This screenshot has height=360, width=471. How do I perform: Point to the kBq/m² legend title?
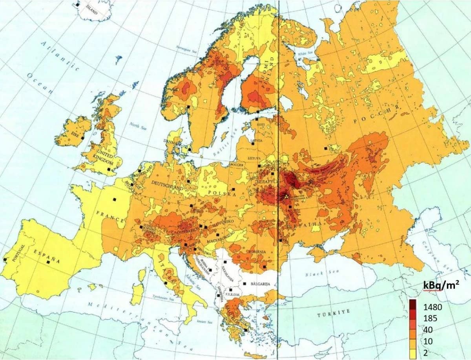(440, 286)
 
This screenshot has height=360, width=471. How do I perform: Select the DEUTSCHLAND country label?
(167, 185)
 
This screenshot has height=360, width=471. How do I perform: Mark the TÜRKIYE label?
(332, 314)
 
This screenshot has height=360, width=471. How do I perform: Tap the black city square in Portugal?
(5, 260)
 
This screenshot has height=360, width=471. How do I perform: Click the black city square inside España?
(48, 262)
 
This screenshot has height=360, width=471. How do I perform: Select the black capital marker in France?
(115, 199)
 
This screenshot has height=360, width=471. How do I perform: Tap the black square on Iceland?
(78, 5)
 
